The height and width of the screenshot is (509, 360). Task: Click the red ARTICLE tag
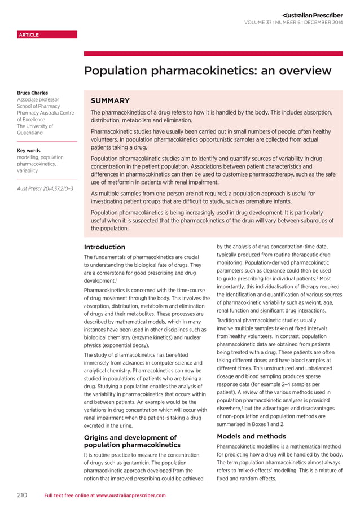tap(29, 35)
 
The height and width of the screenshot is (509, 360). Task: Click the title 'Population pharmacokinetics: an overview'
tap(207, 71)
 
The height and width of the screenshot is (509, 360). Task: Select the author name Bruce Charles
tap(32, 93)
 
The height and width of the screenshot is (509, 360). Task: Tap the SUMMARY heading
tap(111, 100)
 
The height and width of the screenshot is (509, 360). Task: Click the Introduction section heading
tap(104, 247)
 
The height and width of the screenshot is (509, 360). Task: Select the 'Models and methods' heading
tap(251, 436)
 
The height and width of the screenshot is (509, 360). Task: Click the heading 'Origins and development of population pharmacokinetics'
tap(130, 441)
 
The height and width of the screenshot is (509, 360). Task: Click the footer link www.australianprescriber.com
tap(131, 495)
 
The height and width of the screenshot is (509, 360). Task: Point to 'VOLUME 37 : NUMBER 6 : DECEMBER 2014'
tap(293, 23)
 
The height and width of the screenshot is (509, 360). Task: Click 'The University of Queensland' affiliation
tap(35, 130)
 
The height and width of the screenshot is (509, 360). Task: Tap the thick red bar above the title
tap(213, 54)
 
